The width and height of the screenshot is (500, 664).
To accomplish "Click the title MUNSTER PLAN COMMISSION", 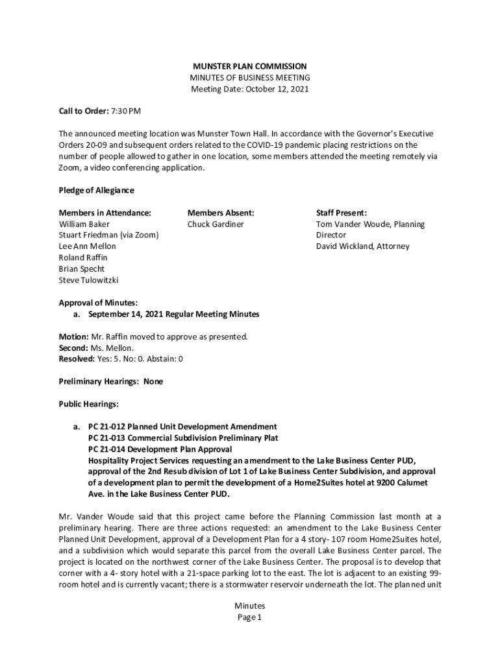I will point(249,67).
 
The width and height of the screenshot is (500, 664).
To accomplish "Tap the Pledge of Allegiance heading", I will point(96,191).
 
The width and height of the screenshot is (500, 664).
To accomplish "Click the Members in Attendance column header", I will point(105,213).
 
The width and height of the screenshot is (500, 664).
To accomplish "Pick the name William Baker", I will point(84,224).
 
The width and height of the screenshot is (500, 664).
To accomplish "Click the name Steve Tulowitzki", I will point(89,280).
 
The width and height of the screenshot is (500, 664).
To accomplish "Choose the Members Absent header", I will point(221,213).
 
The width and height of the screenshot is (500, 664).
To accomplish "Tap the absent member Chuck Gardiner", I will point(216,224).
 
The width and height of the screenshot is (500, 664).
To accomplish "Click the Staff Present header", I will point(342,213).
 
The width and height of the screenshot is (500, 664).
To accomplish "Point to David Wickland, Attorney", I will point(363,246).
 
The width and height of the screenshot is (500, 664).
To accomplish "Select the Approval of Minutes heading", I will point(98,303).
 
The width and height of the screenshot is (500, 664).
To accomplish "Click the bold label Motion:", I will point(74,337).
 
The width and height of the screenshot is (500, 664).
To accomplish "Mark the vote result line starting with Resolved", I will point(121,359).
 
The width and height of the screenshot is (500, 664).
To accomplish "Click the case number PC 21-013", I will point(107,438).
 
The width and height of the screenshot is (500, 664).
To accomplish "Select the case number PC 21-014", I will point(107,449).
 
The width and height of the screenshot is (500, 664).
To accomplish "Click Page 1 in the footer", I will point(249,618).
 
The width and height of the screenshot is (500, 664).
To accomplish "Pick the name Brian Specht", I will point(82,269).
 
